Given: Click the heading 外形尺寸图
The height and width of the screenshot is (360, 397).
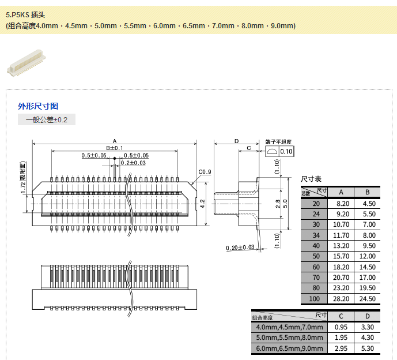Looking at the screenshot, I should pos(38,106).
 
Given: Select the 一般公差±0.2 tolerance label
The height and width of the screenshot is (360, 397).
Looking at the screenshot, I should pos(47,120).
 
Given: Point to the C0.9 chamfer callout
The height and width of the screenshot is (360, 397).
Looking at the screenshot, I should pos(205,172).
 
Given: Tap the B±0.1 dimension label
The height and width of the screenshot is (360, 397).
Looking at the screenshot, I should pos(114,148).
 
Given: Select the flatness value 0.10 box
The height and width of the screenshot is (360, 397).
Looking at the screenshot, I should pos(286,152).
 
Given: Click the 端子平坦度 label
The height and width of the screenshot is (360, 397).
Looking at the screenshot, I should pos(279,141).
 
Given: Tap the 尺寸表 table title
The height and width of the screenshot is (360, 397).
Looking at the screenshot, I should pos(312,179).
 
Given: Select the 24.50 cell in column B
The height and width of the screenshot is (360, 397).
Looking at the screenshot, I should pos(367,299).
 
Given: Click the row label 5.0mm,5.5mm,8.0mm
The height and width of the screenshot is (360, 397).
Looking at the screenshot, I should pos(290,337).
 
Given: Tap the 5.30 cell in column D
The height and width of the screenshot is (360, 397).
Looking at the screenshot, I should pos(367,348).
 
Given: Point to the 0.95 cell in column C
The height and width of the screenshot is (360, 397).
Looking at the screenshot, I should pos(341,327).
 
